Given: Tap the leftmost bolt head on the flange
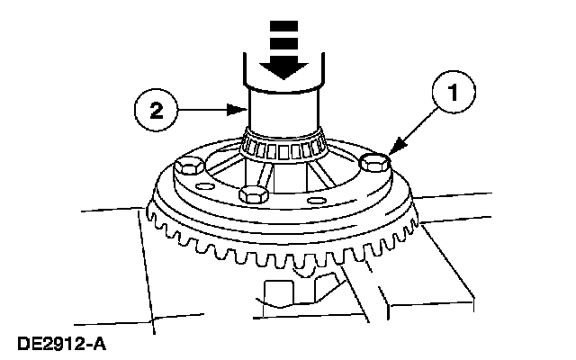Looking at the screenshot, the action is (189, 167).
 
